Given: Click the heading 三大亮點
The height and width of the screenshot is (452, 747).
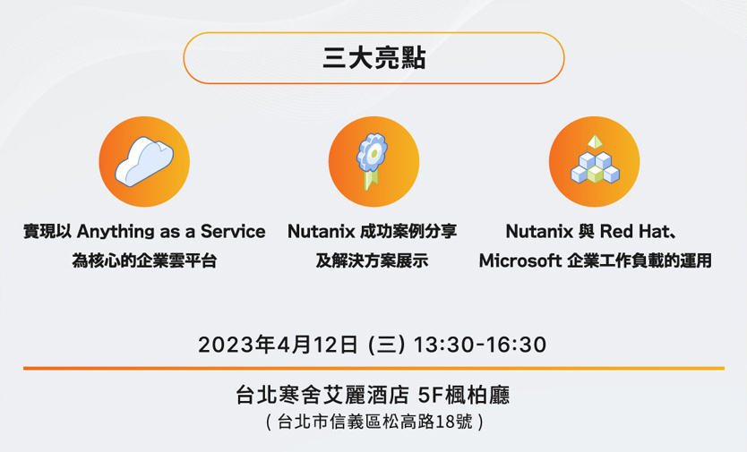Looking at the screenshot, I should pos(373,59).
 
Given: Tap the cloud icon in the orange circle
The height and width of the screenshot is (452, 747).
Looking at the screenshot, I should pos(144,162).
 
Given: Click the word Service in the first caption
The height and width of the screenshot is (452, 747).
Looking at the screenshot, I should pos(233,232).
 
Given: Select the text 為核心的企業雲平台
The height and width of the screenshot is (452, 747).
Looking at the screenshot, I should pos(144,262).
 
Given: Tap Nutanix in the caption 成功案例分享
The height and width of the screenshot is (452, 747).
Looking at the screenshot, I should pos(321,232).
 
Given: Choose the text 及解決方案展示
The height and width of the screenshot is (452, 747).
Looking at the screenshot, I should pos(372,262).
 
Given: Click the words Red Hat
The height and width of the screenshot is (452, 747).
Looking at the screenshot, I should pos(632,232).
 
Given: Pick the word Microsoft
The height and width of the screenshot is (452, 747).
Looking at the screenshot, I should pos(519,262).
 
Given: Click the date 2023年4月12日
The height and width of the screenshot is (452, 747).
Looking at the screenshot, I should pos(279,345).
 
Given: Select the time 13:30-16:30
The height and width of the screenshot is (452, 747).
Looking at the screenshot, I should pos(479,345).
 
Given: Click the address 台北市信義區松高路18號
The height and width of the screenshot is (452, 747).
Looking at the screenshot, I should pos(375,421).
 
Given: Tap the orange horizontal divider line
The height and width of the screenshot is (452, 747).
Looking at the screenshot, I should pos(373,368).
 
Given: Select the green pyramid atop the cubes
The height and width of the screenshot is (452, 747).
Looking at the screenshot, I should pos(594,142).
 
